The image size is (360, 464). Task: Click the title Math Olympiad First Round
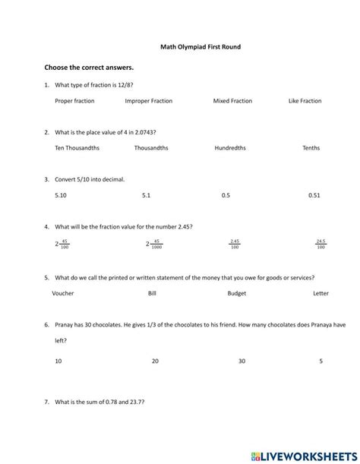201,46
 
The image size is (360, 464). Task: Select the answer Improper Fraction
148,101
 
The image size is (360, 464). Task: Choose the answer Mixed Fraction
232,101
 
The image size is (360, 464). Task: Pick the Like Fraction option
305,101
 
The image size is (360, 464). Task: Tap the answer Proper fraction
74,101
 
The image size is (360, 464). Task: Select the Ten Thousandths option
77,148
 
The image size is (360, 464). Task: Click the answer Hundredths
230,148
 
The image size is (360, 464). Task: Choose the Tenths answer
311,148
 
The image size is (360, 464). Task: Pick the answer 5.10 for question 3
61,195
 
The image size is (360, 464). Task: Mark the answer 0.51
314,195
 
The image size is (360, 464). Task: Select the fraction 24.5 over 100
321,244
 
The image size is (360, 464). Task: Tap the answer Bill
152,293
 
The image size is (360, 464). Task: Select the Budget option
236,293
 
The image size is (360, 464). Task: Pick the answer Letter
321,293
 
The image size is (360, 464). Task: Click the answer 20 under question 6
155,361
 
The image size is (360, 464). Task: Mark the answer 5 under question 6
321,361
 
